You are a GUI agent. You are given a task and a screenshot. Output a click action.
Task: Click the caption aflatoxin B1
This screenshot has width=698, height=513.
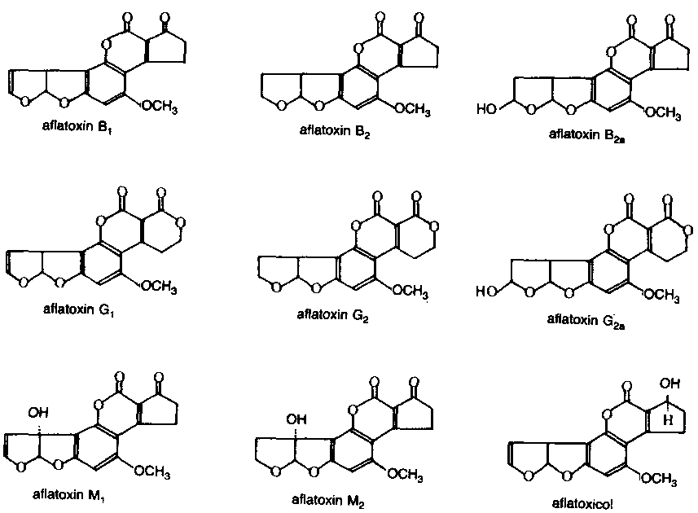click(x=77, y=126)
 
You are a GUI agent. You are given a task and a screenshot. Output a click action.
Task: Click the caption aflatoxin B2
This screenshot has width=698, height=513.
click(x=334, y=131)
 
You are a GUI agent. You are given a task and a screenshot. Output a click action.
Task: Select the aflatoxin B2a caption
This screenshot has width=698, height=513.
click(x=586, y=135)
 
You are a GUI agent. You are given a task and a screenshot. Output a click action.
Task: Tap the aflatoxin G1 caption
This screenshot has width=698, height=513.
click(x=78, y=309)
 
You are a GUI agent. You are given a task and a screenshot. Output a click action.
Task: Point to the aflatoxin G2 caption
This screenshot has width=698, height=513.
click(x=332, y=315)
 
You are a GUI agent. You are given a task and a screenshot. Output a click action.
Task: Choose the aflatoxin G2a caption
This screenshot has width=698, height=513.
click(x=586, y=319)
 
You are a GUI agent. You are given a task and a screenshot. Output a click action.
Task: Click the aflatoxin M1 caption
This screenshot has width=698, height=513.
click(x=68, y=495)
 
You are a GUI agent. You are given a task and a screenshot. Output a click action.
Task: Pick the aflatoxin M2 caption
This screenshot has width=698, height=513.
click(x=327, y=500)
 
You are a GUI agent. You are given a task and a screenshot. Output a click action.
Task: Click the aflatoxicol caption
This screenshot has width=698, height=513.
click(x=582, y=503)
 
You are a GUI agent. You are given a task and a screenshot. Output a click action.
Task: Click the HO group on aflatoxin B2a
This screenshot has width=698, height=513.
click(x=486, y=108)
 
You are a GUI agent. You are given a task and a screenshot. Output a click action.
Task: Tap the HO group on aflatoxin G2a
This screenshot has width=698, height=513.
click(x=485, y=292)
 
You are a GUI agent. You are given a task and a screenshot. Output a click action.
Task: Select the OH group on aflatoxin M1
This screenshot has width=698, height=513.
click(x=38, y=413)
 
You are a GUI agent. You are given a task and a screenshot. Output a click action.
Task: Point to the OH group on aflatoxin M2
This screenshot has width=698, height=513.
click(x=296, y=419)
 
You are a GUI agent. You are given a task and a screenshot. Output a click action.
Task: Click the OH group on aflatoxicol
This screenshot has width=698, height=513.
click(x=670, y=383)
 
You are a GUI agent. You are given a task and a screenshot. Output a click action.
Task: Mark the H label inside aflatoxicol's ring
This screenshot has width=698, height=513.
click(x=668, y=420)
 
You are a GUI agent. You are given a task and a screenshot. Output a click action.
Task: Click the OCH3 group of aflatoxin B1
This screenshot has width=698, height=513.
click(x=160, y=107)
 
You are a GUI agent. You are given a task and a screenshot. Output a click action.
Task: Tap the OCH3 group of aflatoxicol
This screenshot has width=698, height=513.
click(x=660, y=479)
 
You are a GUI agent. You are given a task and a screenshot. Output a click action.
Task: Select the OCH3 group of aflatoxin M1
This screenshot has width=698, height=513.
click(x=152, y=471)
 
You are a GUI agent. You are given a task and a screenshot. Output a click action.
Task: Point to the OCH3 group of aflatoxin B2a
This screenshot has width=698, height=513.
click(x=663, y=112)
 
